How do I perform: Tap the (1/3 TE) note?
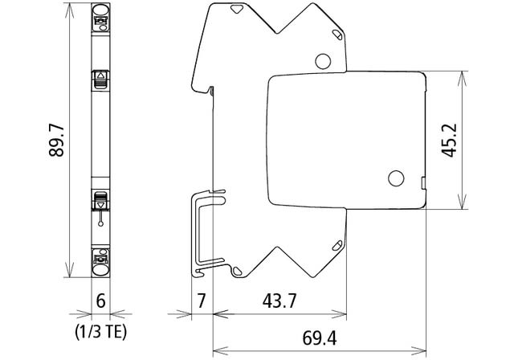click(100, 329)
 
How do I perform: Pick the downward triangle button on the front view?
click(101, 202)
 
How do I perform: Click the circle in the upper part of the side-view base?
click(323, 60)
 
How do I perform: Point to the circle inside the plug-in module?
click(396, 178)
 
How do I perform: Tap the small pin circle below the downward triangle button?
click(101, 217)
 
